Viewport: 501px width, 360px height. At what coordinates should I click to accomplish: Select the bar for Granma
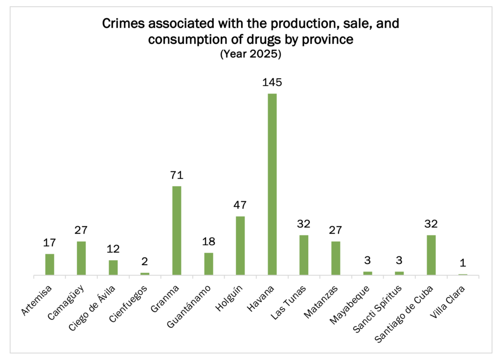point(177,231)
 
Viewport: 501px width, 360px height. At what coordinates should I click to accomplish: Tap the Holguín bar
point(240,246)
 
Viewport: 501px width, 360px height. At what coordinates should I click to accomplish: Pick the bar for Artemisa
point(49,265)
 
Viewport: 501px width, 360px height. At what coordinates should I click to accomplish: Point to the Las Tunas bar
point(304,255)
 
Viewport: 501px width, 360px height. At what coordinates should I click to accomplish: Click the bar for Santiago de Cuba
point(431,255)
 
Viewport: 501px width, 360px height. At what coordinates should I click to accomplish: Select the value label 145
point(272,82)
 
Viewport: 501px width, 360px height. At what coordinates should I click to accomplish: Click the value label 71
point(177,175)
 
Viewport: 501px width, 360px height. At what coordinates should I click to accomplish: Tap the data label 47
point(240,205)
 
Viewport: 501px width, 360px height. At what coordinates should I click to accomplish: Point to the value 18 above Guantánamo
point(208,242)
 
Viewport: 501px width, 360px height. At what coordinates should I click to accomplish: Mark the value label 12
point(113,249)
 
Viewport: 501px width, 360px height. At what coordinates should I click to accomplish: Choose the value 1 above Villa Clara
point(463,263)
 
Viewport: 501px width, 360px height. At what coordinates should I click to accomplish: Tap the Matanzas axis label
point(323,298)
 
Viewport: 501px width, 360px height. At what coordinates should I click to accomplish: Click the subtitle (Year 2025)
point(250,55)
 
